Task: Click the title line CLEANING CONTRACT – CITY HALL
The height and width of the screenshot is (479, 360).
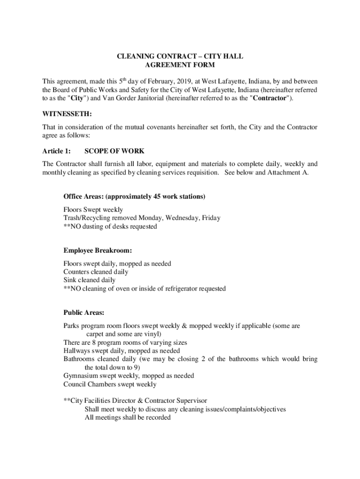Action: [x=180, y=57]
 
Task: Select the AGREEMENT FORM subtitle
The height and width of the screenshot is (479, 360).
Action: [x=180, y=65]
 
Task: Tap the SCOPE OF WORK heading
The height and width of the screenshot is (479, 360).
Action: [x=114, y=151]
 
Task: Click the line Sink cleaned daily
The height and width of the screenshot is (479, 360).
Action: [x=89, y=280]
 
